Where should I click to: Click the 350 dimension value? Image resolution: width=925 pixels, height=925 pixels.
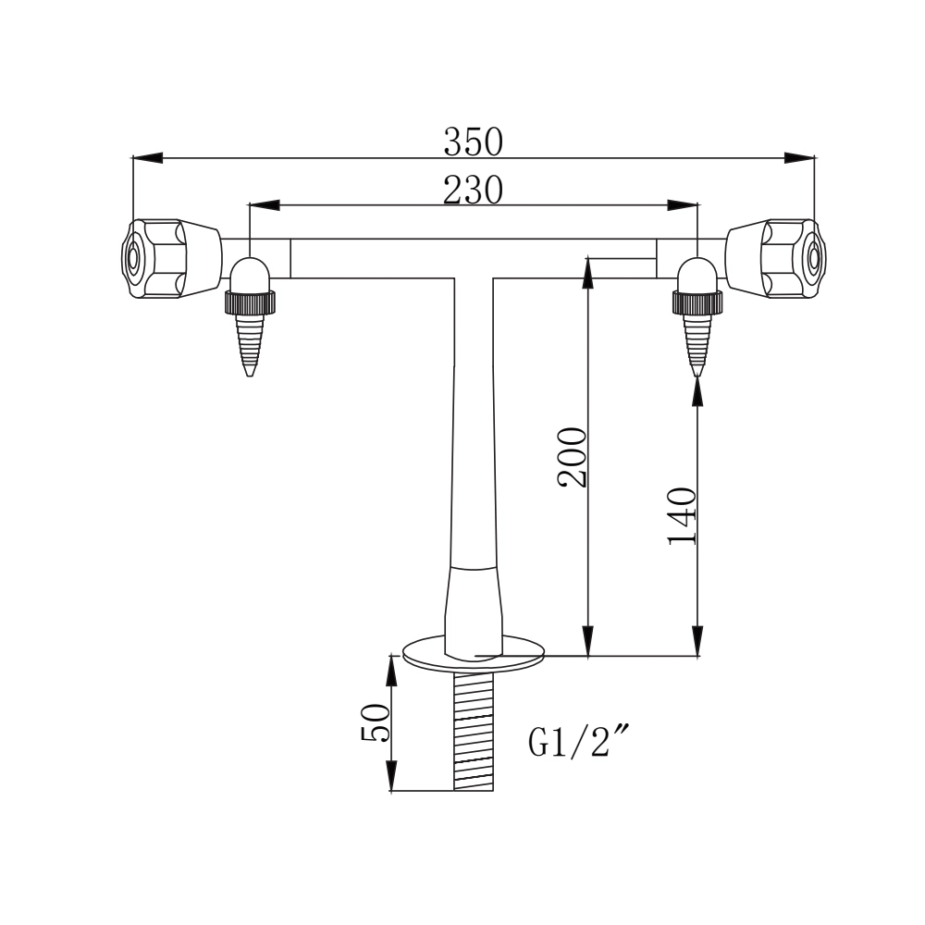473,142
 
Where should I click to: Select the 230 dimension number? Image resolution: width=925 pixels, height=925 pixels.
473,190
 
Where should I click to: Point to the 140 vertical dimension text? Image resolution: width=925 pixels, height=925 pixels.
682,515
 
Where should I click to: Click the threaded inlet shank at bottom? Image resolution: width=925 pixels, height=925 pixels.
475,731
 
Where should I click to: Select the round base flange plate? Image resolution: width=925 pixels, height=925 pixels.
475,653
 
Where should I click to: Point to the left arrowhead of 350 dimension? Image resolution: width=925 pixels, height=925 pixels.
148,158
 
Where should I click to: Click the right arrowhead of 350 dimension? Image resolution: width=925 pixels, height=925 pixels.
799,158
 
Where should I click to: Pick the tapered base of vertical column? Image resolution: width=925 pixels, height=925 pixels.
474,606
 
